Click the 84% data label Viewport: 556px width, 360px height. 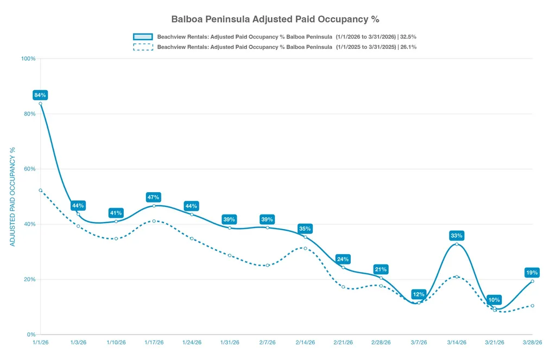click(x=40, y=95)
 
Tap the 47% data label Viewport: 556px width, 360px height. click(x=154, y=197)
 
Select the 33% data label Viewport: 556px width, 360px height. click(x=456, y=236)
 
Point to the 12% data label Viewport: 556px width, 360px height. click(x=419, y=294)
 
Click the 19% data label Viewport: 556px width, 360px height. click(x=532, y=273)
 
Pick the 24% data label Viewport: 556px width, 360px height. click(x=343, y=259)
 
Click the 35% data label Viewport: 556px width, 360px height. click(x=305, y=229)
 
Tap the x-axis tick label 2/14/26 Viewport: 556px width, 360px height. click(x=305, y=342)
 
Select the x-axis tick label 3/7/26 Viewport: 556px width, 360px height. click(x=419, y=342)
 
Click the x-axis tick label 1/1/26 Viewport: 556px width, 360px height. click(x=40, y=342)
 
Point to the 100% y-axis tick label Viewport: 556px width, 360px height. click(x=28, y=59)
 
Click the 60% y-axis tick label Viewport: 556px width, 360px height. click(x=30, y=169)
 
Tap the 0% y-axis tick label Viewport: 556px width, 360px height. click(x=31, y=334)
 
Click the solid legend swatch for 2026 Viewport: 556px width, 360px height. click(x=143, y=36)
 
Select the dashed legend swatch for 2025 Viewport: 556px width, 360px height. click(x=143, y=47)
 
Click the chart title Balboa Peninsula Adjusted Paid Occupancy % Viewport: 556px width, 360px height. click(x=275, y=19)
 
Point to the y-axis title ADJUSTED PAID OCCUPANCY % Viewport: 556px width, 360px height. click(x=12, y=197)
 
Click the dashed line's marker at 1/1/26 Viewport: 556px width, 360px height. click(x=40, y=191)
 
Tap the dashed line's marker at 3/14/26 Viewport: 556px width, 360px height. click(x=457, y=276)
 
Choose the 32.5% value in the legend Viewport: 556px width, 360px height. click(x=408, y=36)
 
